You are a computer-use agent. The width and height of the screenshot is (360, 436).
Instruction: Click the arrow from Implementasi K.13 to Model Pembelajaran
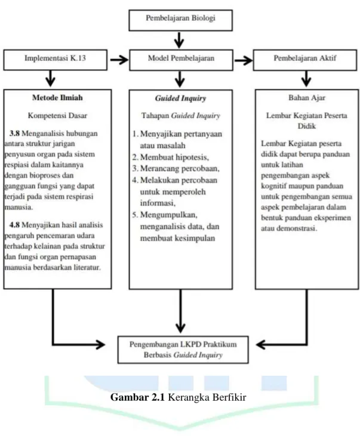(119, 60)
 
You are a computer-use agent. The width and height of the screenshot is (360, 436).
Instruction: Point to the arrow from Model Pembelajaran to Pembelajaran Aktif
(244, 60)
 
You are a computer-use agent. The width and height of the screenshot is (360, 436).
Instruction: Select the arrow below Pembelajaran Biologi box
(179, 41)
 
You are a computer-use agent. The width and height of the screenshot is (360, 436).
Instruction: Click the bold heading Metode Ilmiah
(57, 98)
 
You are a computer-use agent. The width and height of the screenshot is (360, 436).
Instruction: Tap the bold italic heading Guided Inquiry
(180, 98)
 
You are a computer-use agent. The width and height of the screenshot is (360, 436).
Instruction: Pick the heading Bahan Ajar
(306, 98)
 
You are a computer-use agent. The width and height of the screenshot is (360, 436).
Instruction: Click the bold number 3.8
(14, 133)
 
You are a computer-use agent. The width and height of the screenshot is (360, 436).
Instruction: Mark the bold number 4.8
(14, 225)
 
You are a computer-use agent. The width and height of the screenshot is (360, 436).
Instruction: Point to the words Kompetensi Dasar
(57, 116)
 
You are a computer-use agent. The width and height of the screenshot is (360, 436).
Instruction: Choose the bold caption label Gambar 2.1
(138, 397)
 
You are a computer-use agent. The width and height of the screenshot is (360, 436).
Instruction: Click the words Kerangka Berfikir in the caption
(207, 397)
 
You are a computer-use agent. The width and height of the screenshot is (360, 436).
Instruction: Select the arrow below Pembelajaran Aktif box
(306, 79)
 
